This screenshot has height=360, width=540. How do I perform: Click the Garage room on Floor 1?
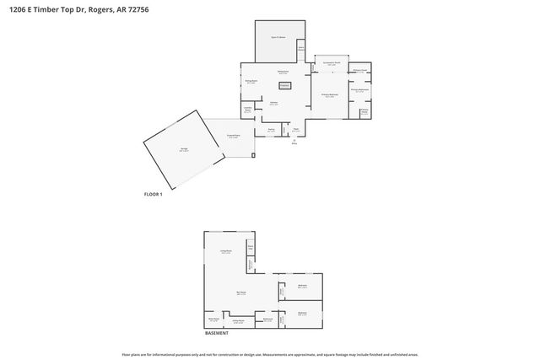[x=182, y=149]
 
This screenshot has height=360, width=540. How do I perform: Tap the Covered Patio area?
[x=234, y=137]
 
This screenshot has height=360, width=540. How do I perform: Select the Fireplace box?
[x=284, y=85]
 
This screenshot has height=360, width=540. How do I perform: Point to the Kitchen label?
[x=274, y=103]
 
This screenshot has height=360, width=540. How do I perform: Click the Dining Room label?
[x=251, y=82]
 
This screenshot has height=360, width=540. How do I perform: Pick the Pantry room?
[x=271, y=130]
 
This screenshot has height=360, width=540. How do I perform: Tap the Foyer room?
[x=297, y=129]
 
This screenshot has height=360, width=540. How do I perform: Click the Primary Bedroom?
[x=329, y=95]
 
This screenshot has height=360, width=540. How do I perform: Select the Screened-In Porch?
[x=332, y=64]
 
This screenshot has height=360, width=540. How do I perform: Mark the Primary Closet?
[x=359, y=71]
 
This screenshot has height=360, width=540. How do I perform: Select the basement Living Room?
[x=226, y=252]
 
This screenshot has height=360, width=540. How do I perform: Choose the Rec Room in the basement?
[x=241, y=294]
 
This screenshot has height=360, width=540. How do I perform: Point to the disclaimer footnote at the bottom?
[x=270, y=353]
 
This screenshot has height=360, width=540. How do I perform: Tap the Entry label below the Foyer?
[x=296, y=143]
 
